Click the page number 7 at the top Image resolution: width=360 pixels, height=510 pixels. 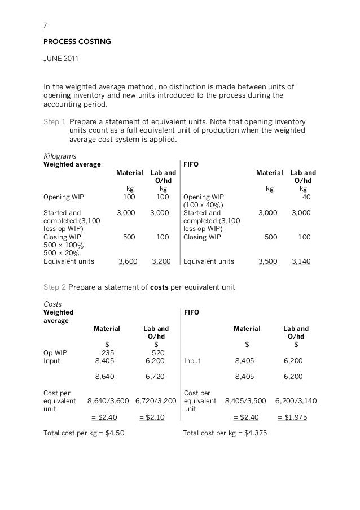[x=46, y=25]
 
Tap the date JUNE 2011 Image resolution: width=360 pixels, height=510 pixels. [x=63, y=59]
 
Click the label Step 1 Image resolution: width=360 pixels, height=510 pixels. [x=55, y=121]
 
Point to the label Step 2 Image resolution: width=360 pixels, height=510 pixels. [x=55, y=287]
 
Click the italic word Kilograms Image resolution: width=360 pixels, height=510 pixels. [x=60, y=155]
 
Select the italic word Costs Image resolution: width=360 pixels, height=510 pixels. [x=53, y=303]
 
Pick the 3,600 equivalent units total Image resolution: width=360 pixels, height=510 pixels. [x=129, y=262]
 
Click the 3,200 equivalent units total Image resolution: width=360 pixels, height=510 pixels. [x=161, y=262]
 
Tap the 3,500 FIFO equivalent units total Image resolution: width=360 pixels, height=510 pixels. [x=267, y=262]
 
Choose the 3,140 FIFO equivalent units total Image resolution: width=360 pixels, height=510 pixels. [x=301, y=262]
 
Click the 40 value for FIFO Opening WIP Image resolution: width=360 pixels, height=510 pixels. [x=306, y=197]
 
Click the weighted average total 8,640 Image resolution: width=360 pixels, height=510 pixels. [x=105, y=377]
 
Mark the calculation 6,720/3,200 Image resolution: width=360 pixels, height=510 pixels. [x=156, y=401]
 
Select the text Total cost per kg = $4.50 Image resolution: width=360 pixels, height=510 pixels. [x=84, y=434]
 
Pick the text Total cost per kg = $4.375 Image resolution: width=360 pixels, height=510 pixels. [x=226, y=434]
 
